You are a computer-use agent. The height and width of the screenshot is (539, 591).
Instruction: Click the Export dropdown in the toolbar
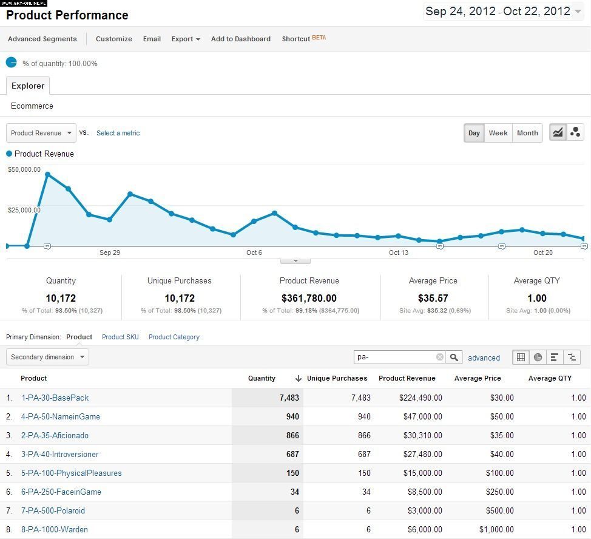186,39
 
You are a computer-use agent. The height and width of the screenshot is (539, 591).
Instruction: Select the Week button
498,133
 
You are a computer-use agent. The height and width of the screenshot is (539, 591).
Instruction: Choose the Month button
527,133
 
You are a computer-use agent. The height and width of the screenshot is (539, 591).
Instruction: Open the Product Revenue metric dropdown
41,133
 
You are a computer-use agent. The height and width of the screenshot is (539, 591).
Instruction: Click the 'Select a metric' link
118,133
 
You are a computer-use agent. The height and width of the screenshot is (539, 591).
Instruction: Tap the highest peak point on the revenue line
47,175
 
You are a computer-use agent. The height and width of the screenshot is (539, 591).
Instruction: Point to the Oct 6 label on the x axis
254,253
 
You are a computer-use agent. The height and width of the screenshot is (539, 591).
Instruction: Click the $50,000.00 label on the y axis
24,169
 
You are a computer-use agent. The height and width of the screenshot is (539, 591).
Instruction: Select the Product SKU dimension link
120,337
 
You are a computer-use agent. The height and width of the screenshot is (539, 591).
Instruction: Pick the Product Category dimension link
174,337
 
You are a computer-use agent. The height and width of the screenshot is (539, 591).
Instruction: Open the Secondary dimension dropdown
47,357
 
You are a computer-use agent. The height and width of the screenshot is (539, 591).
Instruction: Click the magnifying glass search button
454,358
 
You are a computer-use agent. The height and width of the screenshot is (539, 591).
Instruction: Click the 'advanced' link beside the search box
484,358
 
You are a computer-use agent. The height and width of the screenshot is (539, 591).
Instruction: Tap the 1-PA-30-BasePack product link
55,398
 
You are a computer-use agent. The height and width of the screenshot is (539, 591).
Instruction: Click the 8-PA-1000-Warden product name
54,529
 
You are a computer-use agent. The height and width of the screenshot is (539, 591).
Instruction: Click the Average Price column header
478,378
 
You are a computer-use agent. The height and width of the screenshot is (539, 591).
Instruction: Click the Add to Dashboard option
241,39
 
